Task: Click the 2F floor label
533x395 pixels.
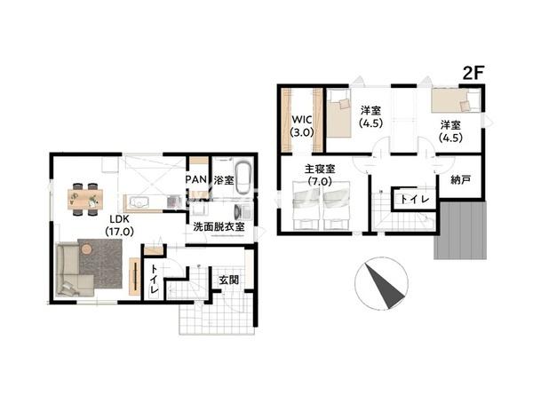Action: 473,73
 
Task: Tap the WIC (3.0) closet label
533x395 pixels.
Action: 302,126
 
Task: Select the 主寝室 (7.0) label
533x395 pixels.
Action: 320,175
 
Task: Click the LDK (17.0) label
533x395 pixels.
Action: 119,225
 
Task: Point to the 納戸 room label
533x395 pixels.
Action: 460,179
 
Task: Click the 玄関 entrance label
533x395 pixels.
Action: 228,280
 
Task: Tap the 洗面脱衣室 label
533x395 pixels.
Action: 219,226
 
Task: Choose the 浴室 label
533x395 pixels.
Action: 224,180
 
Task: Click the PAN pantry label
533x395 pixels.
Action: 197,179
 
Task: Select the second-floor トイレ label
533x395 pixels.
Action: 415,199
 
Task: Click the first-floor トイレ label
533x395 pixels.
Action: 154,280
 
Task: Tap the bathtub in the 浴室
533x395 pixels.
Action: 243,178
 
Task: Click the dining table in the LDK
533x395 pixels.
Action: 85,199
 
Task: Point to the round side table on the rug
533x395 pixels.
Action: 87,249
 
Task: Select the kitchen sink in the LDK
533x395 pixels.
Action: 139,202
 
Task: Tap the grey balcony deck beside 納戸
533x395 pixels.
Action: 460,230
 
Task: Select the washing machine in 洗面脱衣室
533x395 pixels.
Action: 243,211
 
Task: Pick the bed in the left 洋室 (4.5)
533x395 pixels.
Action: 338,113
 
